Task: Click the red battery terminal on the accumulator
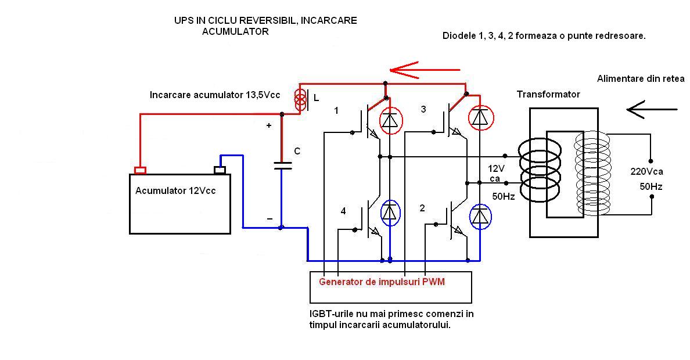point(140,170)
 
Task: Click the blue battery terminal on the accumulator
point(220,170)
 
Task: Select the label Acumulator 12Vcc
point(175,190)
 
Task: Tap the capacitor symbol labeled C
point(282,165)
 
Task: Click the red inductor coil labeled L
point(300,99)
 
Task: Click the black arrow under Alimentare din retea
point(652,109)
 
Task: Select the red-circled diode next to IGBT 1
point(390,120)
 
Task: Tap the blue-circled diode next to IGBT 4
point(390,213)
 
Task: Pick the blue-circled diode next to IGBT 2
point(480,217)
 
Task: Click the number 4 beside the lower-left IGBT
point(343,211)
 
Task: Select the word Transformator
point(548,94)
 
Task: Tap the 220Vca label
point(646,172)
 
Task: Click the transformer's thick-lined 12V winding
point(539,170)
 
